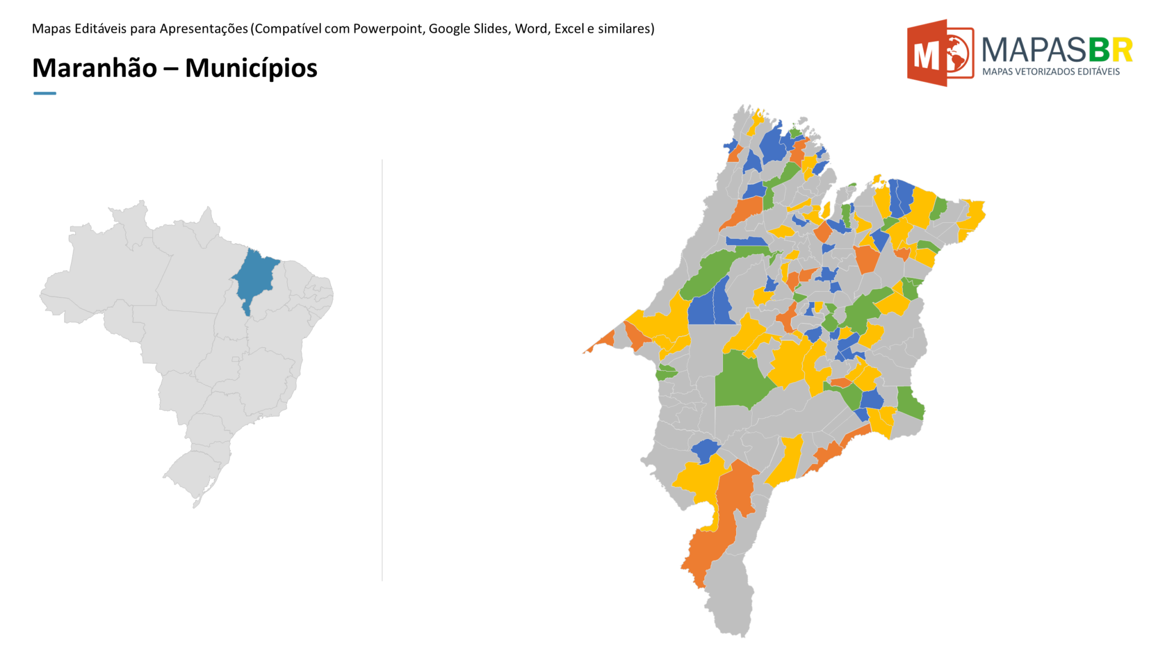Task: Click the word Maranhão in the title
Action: (94, 68)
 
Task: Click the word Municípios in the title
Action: (251, 68)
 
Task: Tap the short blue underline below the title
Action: (44, 93)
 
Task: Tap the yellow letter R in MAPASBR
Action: (1122, 50)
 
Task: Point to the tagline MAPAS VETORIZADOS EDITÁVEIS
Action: (1051, 72)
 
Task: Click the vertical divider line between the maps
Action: (382, 370)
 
